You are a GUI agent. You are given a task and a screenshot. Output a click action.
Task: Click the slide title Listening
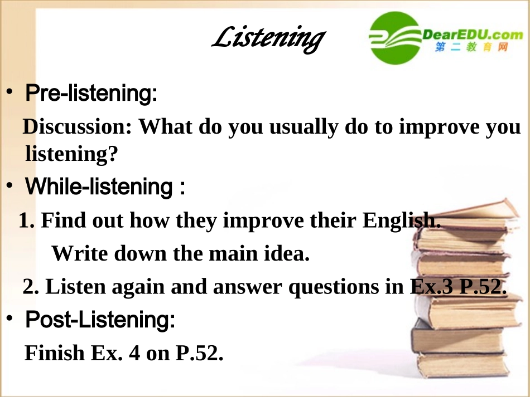(x=268, y=38)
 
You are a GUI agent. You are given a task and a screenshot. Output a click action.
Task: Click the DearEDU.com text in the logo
(x=472, y=35)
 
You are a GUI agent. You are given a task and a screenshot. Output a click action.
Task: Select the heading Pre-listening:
(x=91, y=93)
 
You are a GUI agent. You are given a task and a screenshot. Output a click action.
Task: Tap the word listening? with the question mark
(x=72, y=153)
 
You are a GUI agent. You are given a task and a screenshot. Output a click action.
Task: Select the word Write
(x=80, y=254)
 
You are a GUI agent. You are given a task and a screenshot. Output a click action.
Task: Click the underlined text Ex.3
(x=431, y=287)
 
